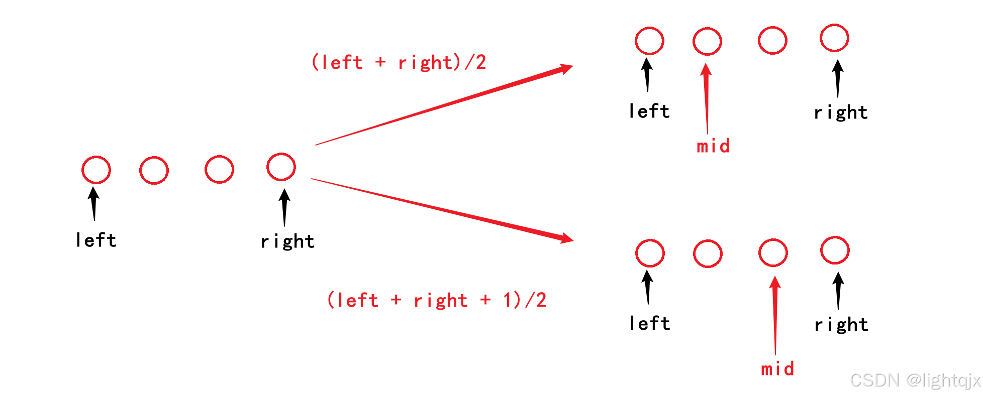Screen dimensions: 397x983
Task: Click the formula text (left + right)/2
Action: point(399,63)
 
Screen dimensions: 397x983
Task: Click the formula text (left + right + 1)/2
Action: point(436,300)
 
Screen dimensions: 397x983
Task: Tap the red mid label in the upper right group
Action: point(713,146)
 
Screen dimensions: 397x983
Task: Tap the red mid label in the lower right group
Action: point(777,369)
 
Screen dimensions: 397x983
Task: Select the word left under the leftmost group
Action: point(96,240)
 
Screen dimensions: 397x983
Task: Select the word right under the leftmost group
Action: point(287,241)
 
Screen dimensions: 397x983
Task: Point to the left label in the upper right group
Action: point(649,111)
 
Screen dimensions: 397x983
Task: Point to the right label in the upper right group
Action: point(841,112)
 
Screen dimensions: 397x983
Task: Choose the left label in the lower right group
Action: point(650,324)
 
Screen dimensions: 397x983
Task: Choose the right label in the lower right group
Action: point(841,325)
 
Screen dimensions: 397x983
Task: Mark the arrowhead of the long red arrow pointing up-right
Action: point(565,69)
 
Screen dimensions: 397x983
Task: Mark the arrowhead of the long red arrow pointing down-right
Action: point(566,238)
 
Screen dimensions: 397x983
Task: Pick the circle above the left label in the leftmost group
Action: point(96,170)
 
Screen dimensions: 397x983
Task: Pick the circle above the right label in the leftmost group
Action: point(281,167)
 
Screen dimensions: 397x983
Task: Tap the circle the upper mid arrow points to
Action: point(707,41)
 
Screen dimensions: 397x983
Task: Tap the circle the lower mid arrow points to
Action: point(773,252)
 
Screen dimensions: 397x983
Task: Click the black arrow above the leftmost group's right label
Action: point(284,207)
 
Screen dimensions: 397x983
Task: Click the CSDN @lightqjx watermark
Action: point(915,380)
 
